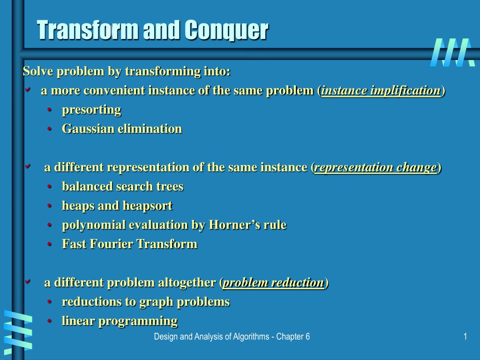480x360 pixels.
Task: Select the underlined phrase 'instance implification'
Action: pyautogui.click(x=381, y=90)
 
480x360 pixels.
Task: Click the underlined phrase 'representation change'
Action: pyautogui.click(x=375, y=167)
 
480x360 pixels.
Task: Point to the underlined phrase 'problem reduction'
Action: pyautogui.click(x=273, y=283)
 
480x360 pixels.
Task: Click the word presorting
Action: pyautogui.click(x=91, y=110)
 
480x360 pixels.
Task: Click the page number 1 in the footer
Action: pyautogui.click(x=465, y=337)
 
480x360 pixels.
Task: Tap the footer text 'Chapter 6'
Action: pyautogui.click(x=293, y=337)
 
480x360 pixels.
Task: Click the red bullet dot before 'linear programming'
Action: pyautogui.click(x=50, y=321)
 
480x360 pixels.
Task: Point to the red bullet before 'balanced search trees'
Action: pyautogui.click(x=50, y=187)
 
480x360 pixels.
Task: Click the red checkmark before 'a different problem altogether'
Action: pyautogui.click(x=28, y=281)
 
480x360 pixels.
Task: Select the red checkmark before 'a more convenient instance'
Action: pyautogui.click(x=28, y=90)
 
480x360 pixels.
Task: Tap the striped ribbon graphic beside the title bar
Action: pyautogui.click(x=452, y=52)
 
